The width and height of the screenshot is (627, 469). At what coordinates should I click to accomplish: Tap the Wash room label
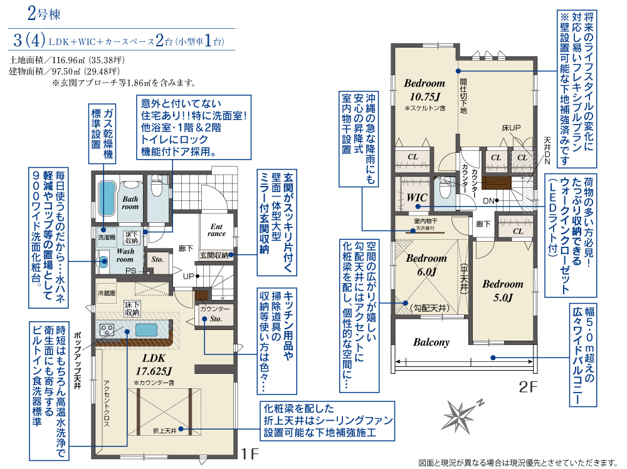coord(125,255)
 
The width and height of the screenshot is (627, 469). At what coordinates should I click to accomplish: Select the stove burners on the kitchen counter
coord(107,329)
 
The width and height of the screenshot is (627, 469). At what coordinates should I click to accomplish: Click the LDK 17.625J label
coord(154,364)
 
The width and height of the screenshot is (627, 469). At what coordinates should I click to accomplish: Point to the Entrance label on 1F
coord(216,230)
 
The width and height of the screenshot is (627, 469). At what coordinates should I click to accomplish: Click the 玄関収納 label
coord(214,255)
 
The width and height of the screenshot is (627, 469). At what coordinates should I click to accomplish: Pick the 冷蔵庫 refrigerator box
coord(107,293)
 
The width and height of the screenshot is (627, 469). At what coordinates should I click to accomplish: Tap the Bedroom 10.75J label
coord(424,90)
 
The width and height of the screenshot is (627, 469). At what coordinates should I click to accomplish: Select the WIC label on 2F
coord(417,198)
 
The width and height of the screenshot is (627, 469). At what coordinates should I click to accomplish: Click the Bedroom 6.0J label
coord(426,265)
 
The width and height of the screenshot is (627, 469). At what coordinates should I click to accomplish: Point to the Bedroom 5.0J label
coord(503,291)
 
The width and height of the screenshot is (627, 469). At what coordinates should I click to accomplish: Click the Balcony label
coord(431,343)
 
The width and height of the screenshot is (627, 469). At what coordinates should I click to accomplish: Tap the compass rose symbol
coord(461,416)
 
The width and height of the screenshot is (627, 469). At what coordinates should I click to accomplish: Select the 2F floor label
coord(528,387)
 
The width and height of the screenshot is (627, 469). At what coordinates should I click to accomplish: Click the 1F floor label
coord(249,453)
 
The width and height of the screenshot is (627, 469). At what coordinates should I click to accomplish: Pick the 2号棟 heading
coord(44,14)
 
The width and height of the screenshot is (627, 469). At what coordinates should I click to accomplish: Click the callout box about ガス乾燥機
coord(102,134)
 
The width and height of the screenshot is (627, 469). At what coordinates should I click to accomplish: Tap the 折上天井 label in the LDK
coord(164,431)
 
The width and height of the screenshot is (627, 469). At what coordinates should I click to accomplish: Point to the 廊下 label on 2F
coord(483,224)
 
